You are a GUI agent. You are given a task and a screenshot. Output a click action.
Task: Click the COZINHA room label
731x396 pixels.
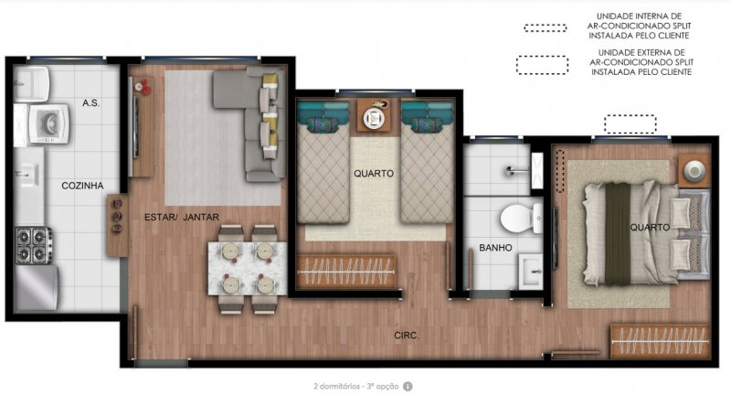click(82, 186)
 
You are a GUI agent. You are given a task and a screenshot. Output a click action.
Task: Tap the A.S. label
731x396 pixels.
click(90, 103)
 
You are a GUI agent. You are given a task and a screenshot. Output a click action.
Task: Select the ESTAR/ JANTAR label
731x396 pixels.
click(181, 217)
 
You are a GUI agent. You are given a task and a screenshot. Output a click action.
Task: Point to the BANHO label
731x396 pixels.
click(495, 248)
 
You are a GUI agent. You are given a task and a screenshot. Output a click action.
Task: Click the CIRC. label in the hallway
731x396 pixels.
click(407, 336)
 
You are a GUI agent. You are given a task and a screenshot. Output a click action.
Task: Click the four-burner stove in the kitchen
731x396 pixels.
click(34, 245)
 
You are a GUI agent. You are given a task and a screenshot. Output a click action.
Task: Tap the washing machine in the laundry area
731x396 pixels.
click(48, 123)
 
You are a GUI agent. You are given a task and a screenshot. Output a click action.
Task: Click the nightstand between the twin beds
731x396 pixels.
click(375, 115)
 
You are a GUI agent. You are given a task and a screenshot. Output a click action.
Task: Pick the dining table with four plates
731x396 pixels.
click(247, 268)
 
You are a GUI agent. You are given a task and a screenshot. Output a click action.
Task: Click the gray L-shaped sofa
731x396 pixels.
click(252, 123)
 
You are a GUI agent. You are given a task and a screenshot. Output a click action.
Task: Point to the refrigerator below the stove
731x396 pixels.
click(37, 288)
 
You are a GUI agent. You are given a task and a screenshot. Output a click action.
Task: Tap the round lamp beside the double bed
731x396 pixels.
click(694, 171)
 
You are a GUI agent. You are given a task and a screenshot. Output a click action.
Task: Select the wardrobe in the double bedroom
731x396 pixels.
click(660, 341)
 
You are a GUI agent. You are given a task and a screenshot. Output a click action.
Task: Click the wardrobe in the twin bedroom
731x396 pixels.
click(345, 272)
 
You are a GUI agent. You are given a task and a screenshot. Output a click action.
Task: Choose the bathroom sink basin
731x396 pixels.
click(531, 272)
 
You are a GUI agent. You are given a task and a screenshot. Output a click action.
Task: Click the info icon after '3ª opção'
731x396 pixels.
click(408, 387)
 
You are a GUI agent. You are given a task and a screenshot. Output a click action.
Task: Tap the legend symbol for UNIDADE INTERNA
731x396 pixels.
click(545, 28)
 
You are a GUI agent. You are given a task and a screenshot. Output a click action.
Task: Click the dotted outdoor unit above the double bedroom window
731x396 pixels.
click(630, 124)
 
